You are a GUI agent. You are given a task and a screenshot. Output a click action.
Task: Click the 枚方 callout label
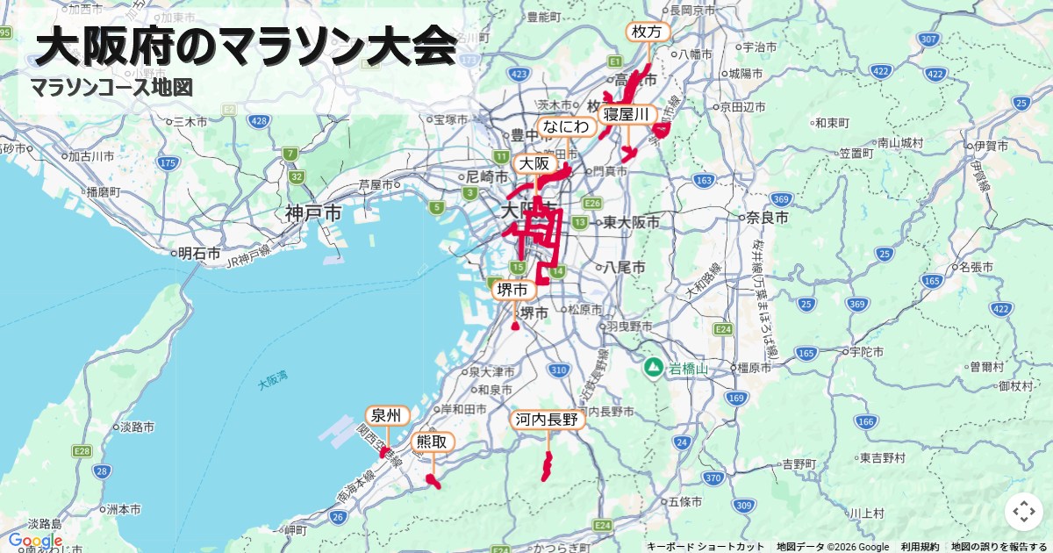click(x=648, y=32)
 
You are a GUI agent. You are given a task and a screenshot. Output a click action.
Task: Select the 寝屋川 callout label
click(x=627, y=115)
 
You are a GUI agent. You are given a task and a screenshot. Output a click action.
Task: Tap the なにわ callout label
click(x=566, y=126)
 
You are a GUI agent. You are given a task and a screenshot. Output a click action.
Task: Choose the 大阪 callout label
click(x=534, y=164)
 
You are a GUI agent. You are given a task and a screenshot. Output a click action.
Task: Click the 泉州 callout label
click(x=386, y=415)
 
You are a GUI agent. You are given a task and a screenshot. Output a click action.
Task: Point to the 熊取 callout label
click(x=432, y=442)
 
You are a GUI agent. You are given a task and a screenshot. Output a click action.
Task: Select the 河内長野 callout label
click(x=548, y=420)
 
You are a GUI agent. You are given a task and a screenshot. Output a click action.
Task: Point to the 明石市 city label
click(x=199, y=253)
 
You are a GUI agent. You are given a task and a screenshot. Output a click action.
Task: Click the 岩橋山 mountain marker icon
click(x=653, y=366)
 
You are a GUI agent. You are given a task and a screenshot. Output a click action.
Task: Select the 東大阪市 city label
click(x=631, y=222)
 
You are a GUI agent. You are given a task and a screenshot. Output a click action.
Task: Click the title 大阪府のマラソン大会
click(x=247, y=47)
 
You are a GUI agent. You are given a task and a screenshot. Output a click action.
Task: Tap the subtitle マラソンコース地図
click(x=111, y=88)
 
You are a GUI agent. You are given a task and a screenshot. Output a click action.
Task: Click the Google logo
click(x=35, y=541)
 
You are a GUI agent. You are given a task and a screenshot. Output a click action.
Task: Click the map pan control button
click(x=1024, y=512)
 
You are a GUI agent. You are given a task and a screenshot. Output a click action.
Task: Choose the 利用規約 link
click(x=920, y=547)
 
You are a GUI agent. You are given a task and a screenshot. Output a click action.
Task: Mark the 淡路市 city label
click(x=138, y=427)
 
